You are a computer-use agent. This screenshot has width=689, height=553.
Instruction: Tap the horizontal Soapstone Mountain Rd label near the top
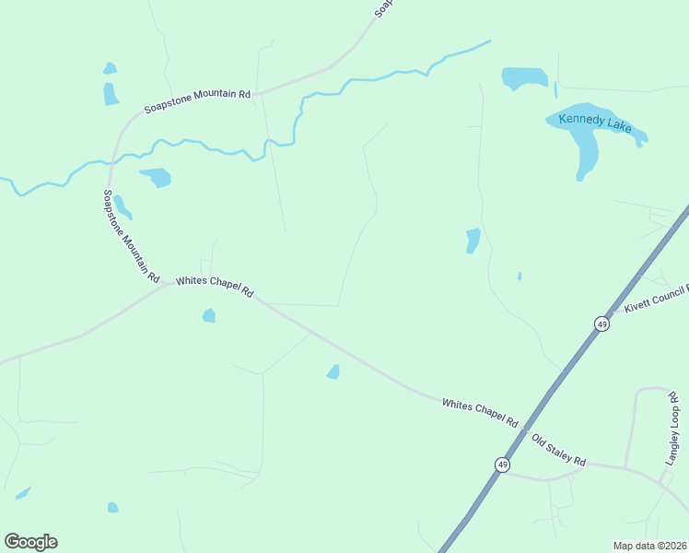[197, 100]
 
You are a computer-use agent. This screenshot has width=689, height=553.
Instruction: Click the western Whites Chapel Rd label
[214, 285]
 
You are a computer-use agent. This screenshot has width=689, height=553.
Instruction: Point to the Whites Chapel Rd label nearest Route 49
[479, 411]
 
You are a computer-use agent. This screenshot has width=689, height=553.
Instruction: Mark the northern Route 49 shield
[601, 324]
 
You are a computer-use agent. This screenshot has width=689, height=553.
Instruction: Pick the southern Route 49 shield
[501, 465]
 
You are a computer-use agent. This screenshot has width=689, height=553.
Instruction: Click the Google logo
[30, 542]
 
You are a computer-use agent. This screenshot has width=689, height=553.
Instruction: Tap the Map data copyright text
[649, 546]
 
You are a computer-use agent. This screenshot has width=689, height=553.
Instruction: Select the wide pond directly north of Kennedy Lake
[524, 77]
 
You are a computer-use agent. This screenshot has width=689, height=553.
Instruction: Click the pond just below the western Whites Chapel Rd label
[209, 316]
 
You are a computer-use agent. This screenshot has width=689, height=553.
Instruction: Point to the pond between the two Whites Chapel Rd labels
[333, 371]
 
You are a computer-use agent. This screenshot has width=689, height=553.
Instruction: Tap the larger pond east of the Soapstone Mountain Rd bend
[157, 176]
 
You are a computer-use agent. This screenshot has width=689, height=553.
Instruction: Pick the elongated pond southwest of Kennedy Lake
[473, 241]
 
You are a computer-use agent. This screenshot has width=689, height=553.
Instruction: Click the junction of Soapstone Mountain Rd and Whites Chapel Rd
[171, 283]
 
